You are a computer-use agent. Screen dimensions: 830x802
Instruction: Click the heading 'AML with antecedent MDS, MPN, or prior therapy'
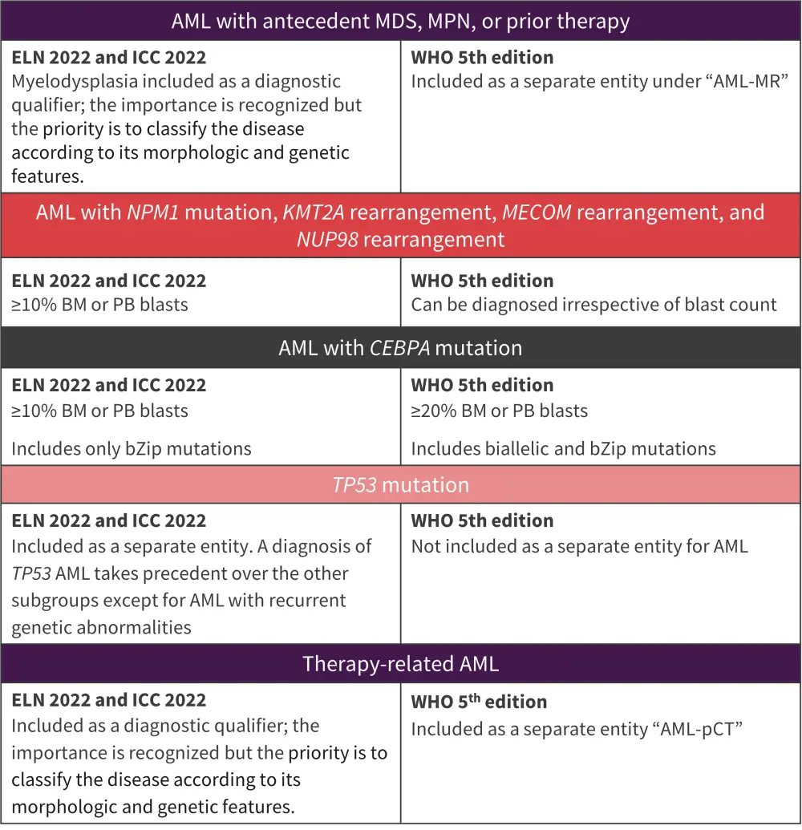400,21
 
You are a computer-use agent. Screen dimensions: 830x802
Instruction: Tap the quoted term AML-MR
734,82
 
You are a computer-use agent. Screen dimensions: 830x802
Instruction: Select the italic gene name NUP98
327,239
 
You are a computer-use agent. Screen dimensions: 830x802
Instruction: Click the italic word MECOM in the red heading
537,213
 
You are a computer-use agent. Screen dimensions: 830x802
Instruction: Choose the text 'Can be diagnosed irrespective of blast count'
593,305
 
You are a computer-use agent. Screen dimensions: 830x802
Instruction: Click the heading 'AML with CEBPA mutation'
400,349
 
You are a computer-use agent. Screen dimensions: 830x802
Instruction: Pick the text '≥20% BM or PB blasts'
499,411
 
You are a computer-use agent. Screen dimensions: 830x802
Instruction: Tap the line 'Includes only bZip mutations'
132,448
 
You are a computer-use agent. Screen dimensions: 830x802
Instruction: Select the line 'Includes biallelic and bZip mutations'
563,448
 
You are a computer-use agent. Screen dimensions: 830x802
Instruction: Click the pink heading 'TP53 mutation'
400,485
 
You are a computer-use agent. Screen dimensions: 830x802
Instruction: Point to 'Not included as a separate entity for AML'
579,547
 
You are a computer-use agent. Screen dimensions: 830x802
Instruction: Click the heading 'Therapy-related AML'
400,664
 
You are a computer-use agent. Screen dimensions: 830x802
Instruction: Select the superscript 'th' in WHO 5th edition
476,697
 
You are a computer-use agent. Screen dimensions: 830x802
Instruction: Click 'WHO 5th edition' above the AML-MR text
482,58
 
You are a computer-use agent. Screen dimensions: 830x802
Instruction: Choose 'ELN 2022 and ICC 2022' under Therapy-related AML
109,700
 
